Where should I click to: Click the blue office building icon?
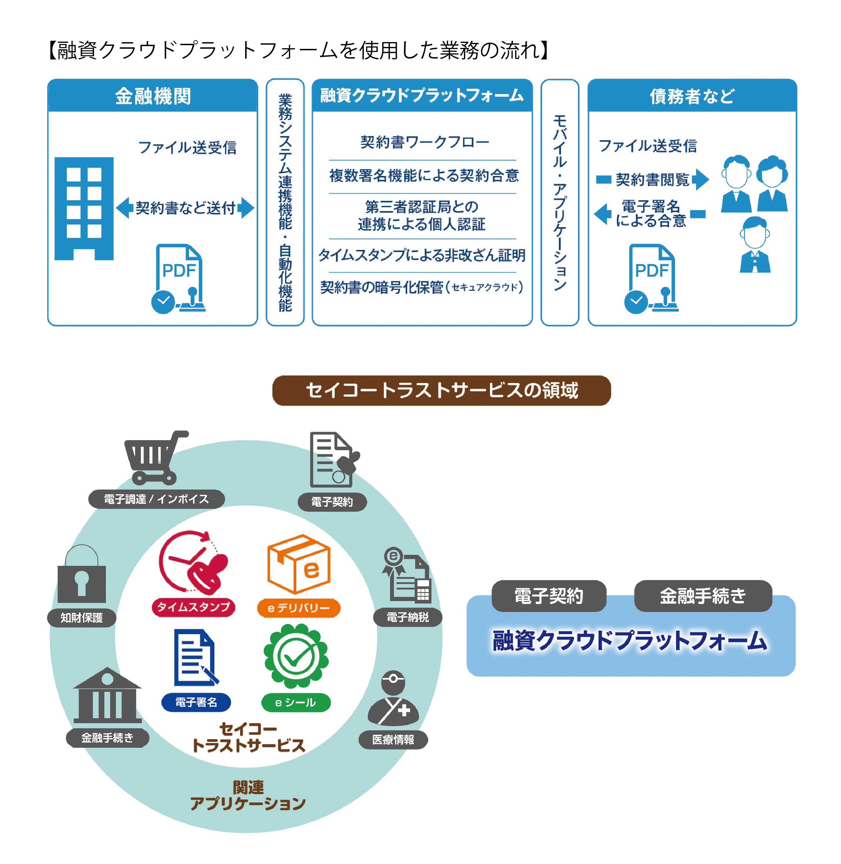tap(84, 209)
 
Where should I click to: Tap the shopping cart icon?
tap(155, 458)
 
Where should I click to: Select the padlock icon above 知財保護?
tap(82, 574)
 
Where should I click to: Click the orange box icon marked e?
tap(299, 565)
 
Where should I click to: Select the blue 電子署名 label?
tap(196, 702)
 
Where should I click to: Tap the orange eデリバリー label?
tap(299, 608)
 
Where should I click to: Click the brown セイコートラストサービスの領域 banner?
tap(441, 390)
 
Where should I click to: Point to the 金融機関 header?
tap(153, 96)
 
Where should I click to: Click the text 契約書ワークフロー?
tap(424, 142)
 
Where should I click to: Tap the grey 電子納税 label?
tap(407, 617)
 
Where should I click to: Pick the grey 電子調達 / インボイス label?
tap(156, 499)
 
